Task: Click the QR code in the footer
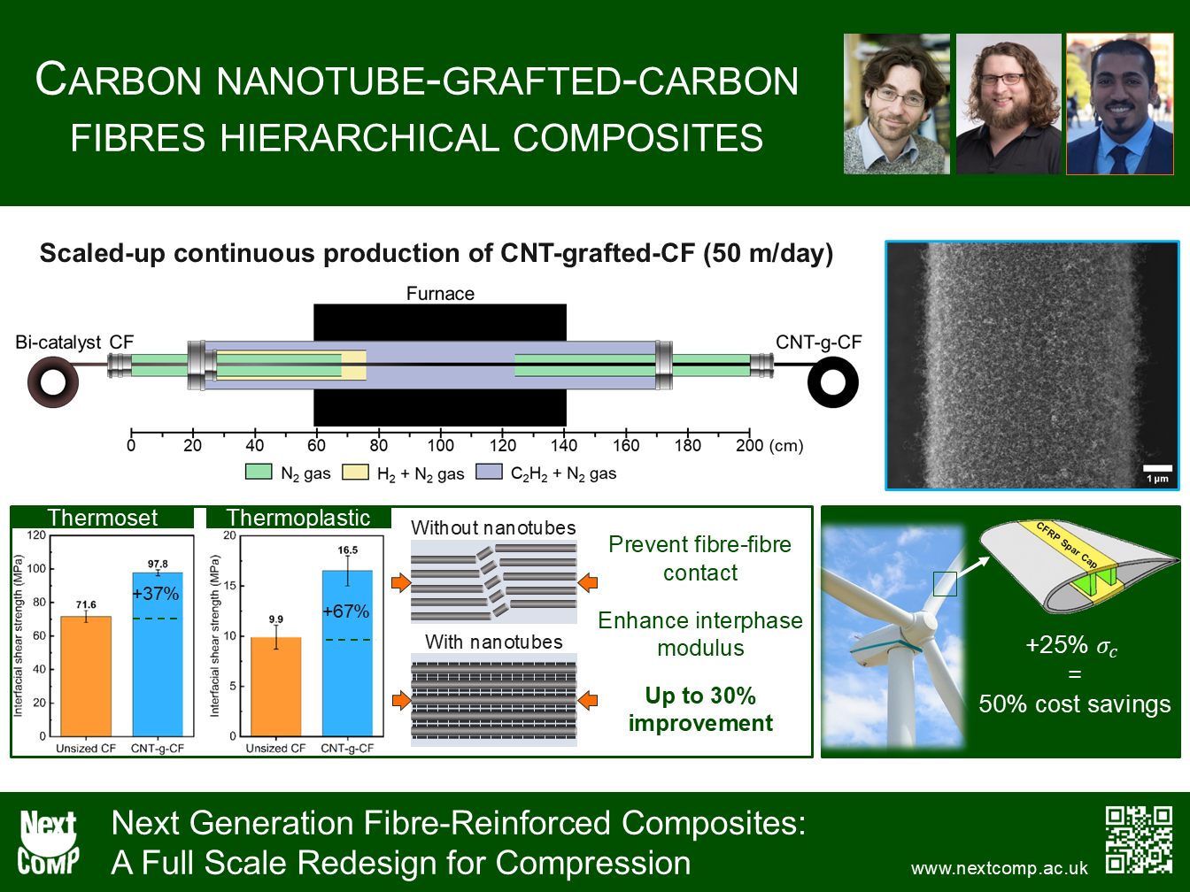pyautogui.click(x=1139, y=840)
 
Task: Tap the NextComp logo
pyautogui.click(x=48, y=842)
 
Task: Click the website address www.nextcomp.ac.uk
pyautogui.click(x=999, y=868)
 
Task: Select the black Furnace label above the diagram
pyautogui.click(x=440, y=294)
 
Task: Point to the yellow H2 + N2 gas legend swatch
pyautogui.click(x=356, y=473)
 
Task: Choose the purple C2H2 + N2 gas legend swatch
pyautogui.click(x=489, y=472)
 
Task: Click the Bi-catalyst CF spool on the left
pyautogui.click(x=53, y=382)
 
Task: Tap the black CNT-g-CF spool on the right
pyautogui.click(x=832, y=382)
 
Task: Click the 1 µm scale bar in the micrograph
pyautogui.click(x=1157, y=468)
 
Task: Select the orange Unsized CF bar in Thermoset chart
pyautogui.click(x=86, y=676)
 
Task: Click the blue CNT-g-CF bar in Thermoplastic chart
pyautogui.click(x=347, y=653)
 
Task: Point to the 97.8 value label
pyautogui.click(x=158, y=564)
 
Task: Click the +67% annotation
pyautogui.click(x=346, y=611)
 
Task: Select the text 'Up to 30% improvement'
pyautogui.click(x=700, y=710)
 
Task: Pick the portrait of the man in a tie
pyautogui.click(x=1120, y=104)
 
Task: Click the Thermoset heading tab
pyautogui.click(x=103, y=517)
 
